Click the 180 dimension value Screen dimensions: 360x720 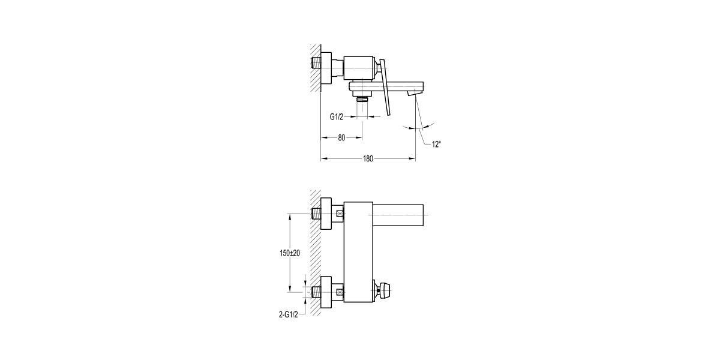click(368, 159)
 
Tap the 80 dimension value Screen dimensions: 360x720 click(341, 138)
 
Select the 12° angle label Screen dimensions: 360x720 click(436, 144)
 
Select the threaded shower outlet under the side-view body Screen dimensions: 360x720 click(362, 100)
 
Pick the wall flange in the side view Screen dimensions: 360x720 click(327, 70)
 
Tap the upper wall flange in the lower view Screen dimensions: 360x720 click(327, 214)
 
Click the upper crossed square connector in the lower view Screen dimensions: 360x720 click(340, 214)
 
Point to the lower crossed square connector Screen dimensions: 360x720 click(340, 293)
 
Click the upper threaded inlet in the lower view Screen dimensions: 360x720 click(316, 214)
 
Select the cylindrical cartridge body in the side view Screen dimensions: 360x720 click(359, 68)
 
